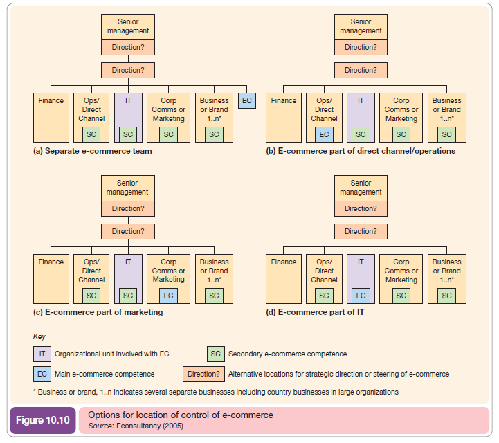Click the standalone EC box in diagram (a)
[246, 100]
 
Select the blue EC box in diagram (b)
[325, 134]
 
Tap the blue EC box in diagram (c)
[169, 296]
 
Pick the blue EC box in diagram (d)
[361, 296]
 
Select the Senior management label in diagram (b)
[361, 27]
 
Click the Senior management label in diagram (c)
[127, 188]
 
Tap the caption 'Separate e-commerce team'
[93, 151]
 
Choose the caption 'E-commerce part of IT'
[316, 312]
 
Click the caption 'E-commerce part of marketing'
[98, 312]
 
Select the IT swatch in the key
[42, 354]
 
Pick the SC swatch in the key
[216, 354]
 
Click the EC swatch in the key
[42, 374]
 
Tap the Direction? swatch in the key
[203, 374]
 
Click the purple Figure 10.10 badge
[42, 420]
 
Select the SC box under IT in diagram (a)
[128, 134]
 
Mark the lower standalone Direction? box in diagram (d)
[361, 231]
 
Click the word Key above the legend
[39, 336]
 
